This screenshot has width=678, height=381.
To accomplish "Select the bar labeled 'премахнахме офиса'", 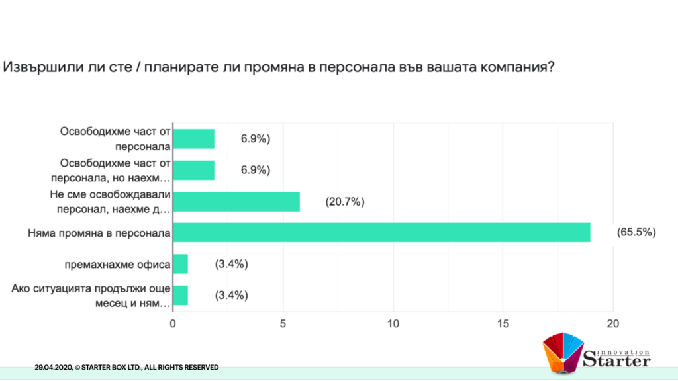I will tap(180, 264).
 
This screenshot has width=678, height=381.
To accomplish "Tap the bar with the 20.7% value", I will tap(236, 202).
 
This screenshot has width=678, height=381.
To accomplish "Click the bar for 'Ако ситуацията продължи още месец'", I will tap(180, 295).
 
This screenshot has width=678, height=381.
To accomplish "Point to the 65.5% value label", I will tap(636, 232).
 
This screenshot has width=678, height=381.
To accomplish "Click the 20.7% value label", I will tap(345, 202).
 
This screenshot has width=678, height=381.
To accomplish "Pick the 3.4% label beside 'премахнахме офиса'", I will tap(231, 264).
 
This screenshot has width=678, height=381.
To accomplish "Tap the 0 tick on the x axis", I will tap(173, 324).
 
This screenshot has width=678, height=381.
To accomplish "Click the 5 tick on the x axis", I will tap(283, 324).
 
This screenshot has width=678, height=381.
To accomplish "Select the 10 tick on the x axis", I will tap(393, 324).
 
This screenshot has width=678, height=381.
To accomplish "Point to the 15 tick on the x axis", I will tap(503, 324).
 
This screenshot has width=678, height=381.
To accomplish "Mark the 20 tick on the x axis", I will tap(613, 324).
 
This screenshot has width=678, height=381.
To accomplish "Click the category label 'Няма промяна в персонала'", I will tap(100, 233).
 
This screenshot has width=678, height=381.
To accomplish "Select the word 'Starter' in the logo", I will tap(616, 360).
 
